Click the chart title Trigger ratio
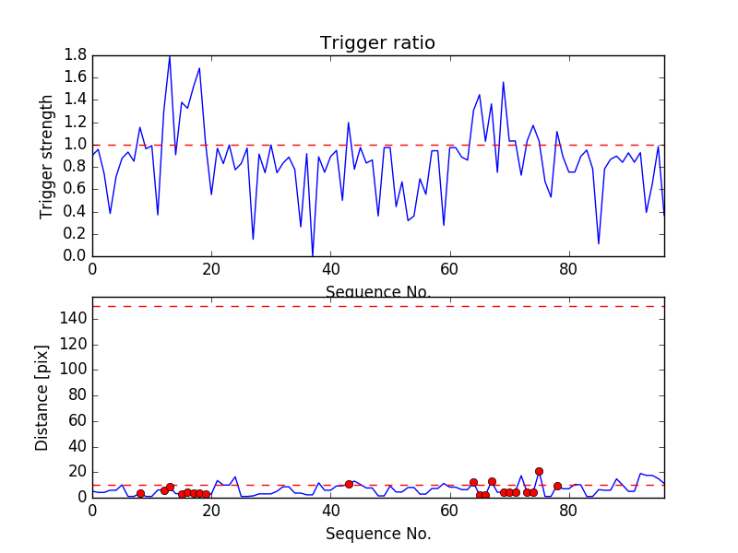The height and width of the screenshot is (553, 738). click(x=377, y=43)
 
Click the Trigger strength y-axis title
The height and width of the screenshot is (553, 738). click(x=47, y=156)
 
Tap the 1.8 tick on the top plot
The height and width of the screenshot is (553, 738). click(x=75, y=55)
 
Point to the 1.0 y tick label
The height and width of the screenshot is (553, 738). click(x=75, y=145)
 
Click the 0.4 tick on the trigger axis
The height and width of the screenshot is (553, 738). click(x=75, y=211)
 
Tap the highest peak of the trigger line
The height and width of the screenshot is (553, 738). click(x=170, y=56)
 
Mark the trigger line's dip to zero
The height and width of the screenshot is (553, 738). click(x=313, y=255)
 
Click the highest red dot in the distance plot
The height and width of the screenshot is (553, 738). click(x=539, y=471)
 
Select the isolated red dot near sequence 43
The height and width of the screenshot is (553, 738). click(x=349, y=484)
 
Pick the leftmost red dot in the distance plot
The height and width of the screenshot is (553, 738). click(x=140, y=494)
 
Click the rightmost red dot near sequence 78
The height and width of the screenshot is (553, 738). click(x=557, y=486)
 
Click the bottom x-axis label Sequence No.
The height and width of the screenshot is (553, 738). click(x=378, y=534)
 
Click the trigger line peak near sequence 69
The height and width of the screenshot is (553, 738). click(x=503, y=82)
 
